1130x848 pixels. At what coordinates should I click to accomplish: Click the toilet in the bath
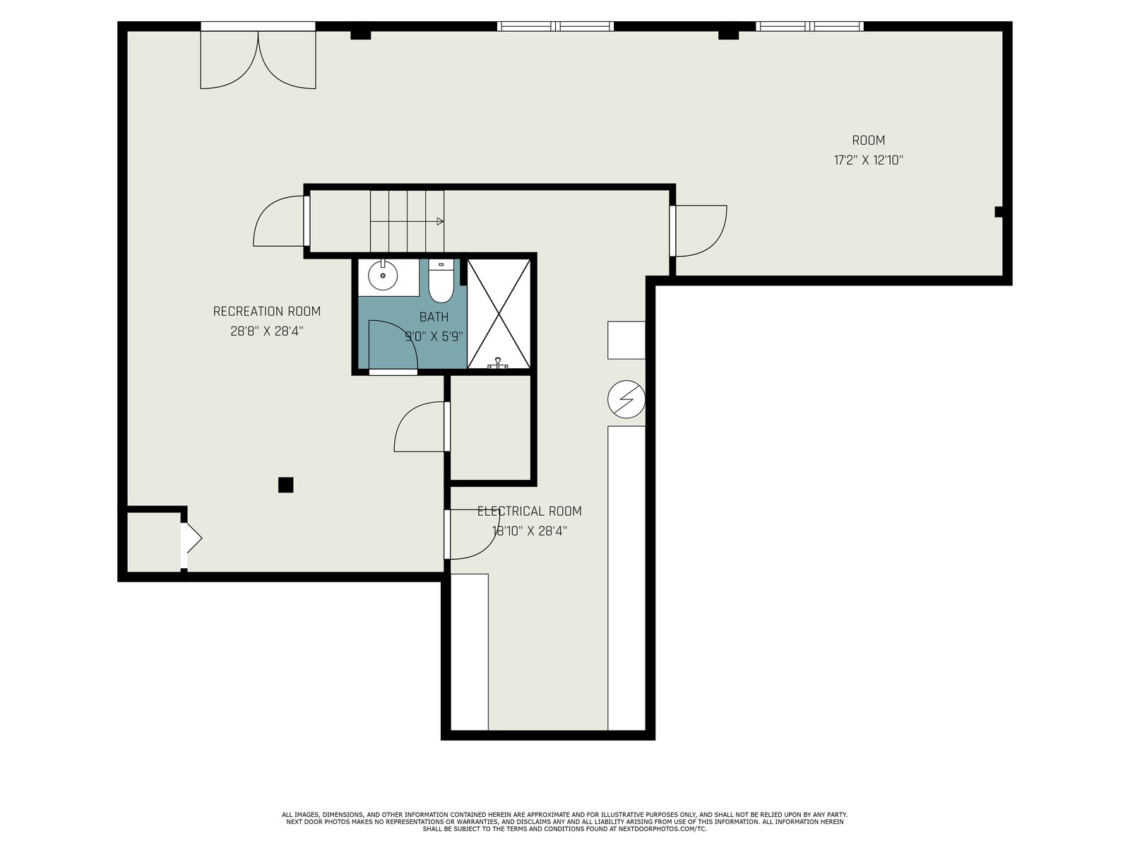click(x=441, y=282)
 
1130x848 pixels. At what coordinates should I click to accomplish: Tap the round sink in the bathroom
click(x=383, y=276)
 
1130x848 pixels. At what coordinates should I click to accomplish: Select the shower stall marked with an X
click(x=499, y=314)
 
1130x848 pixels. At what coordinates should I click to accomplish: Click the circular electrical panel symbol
click(x=626, y=399)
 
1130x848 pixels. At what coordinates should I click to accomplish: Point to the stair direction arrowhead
click(x=440, y=221)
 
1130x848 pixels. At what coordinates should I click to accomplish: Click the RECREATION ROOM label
click(x=267, y=312)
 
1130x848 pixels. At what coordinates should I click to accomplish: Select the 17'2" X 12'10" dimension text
click(x=869, y=160)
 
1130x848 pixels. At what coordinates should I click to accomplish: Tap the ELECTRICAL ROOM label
click(x=529, y=511)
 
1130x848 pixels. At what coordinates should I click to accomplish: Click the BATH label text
click(x=434, y=317)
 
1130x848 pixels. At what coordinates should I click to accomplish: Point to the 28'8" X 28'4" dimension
click(x=267, y=331)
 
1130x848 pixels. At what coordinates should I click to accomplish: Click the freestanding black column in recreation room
click(x=286, y=485)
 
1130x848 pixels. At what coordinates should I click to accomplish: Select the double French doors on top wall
click(x=258, y=56)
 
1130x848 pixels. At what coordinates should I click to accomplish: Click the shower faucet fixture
click(x=498, y=363)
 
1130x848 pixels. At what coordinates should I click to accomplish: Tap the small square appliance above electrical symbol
click(x=626, y=340)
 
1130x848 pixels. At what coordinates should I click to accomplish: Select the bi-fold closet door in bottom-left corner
click(x=191, y=538)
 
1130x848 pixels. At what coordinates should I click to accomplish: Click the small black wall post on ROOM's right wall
click(x=999, y=211)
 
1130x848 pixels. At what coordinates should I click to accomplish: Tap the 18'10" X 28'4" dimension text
click(x=529, y=531)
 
